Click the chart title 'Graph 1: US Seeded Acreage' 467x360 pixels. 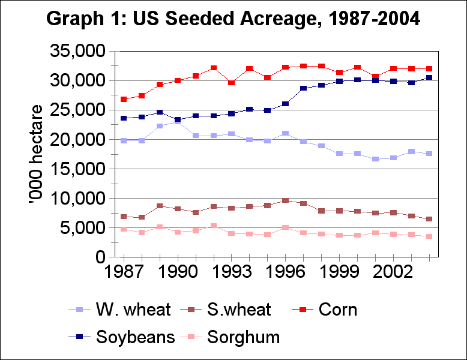tap(233, 19)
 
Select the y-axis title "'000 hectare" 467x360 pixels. tap(37, 155)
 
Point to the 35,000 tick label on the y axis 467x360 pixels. tap(77, 52)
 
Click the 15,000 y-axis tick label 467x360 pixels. tap(77, 169)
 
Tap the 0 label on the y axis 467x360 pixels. tap(100, 257)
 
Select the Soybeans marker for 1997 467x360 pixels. tap(303, 88)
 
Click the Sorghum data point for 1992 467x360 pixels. tap(214, 226)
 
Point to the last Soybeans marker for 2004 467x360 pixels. tap(429, 77)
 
